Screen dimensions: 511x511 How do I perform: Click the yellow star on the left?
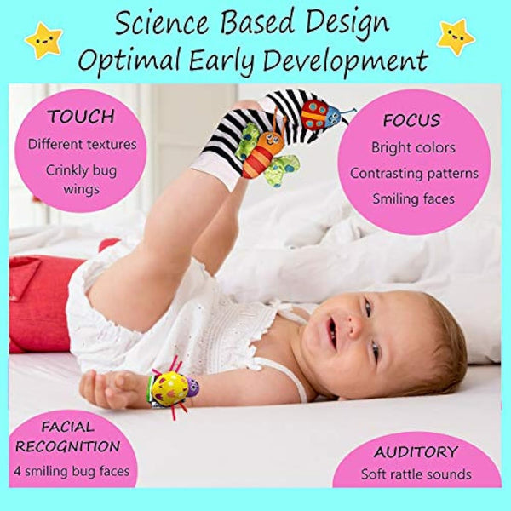(43, 40)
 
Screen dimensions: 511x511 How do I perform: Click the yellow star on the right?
(456, 37)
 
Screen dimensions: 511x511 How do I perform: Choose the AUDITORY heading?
(416, 451)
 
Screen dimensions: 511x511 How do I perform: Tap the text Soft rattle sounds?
(416, 474)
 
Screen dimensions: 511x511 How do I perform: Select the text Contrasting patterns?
(414, 174)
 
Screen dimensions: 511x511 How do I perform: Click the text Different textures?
(82, 144)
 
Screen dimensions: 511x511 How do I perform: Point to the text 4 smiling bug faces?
(77, 471)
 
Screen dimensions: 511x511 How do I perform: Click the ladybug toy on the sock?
(317, 114)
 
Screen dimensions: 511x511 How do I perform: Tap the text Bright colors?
(413, 147)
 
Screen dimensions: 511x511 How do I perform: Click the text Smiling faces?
(413, 199)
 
